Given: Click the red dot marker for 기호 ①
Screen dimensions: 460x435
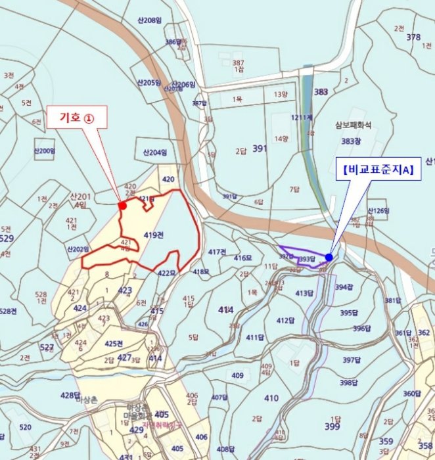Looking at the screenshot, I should (122, 206).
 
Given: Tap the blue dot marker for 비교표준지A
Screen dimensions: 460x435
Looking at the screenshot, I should (329, 257).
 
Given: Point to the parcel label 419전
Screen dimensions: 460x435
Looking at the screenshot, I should (153, 235).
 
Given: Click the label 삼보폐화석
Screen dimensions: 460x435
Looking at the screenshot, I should (354, 124).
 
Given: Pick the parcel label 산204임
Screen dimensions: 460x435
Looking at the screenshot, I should (156, 152).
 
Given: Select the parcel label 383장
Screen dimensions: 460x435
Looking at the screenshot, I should (352, 141).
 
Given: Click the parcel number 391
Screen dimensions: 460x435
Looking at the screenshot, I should (260, 149).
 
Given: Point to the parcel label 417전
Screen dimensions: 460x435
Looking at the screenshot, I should (217, 252).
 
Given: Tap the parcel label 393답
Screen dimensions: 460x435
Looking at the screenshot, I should (307, 260).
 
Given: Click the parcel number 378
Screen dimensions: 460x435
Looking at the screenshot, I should (413, 37).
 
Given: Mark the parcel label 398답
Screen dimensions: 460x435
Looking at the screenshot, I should (349, 382).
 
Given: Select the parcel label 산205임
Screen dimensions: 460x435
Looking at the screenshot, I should (149, 82).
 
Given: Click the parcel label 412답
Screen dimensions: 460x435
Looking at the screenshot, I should (285, 321).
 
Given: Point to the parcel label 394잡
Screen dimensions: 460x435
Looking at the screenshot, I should (344, 287).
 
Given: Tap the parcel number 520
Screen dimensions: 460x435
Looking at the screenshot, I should (25, 427).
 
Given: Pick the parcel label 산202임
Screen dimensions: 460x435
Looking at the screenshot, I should (78, 249).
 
